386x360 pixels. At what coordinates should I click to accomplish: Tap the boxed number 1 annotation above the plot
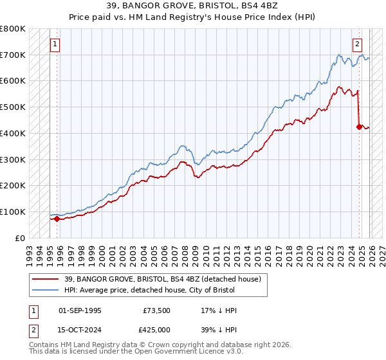point(56,44)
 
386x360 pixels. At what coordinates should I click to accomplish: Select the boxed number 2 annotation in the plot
point(357,44)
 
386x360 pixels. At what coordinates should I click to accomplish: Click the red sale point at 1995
point(57,219)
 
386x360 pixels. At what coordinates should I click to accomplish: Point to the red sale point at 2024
point(359,127)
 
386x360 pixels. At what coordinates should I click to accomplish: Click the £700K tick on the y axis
point(13,55)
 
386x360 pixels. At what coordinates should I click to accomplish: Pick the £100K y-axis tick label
point(13,212)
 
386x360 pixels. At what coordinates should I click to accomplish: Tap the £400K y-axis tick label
point(13,133)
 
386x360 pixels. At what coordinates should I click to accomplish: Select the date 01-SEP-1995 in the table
point(80,310)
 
